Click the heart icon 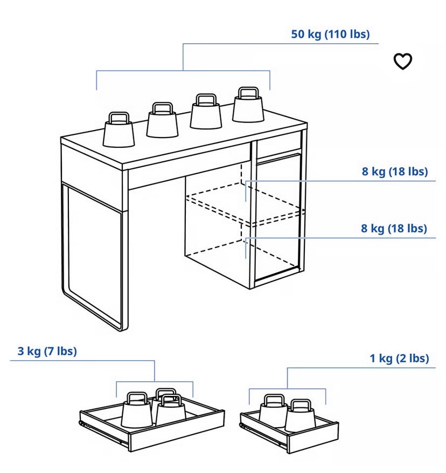point(402,61)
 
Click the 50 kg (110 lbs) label point(330,34)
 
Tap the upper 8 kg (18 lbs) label point(395,172)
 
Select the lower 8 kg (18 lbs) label point(394,228)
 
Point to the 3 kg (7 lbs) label point(47,351)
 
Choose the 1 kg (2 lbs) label point(399,358)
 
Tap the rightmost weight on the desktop point(248,105)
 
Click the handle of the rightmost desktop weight point(248,93)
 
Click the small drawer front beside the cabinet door point(279,148)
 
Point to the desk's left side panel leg point(95,256)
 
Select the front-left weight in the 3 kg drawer point(136,410)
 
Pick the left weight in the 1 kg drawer point(273,411)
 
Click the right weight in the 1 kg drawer point(300,416)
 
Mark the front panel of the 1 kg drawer point(313,438)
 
